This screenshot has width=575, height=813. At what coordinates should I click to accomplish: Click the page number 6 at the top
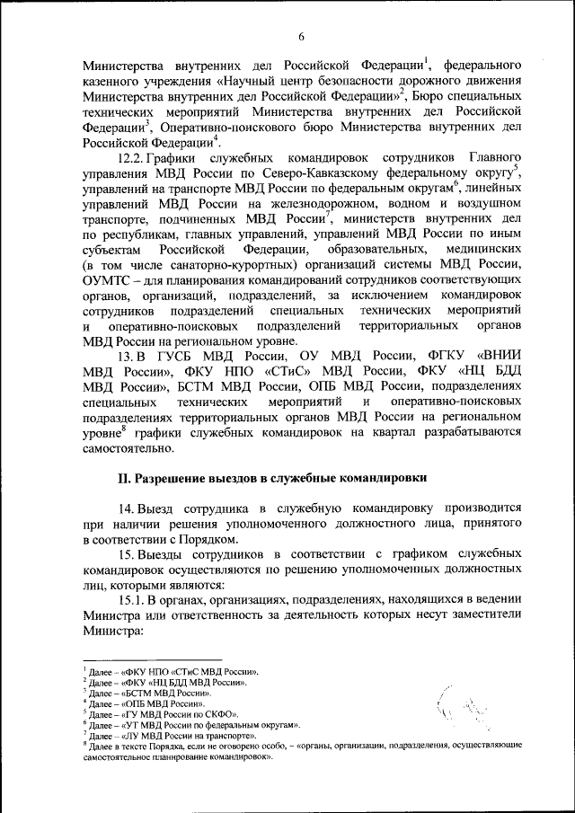tap(302, 35)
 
